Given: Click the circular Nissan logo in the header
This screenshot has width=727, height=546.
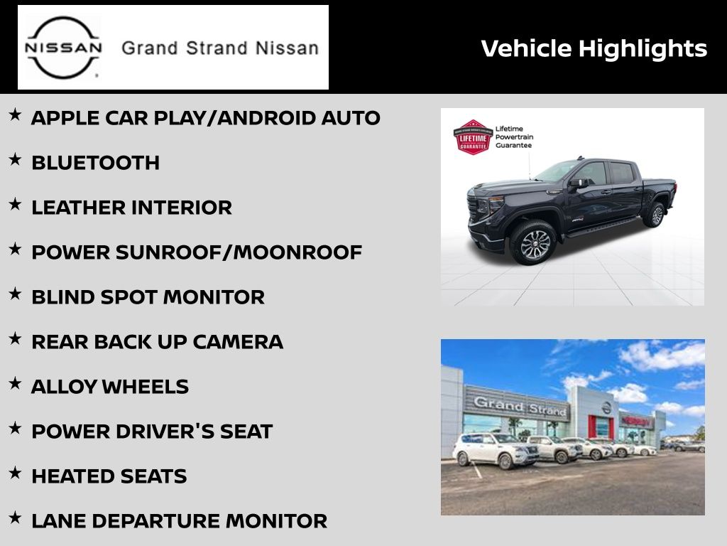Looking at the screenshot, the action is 63,48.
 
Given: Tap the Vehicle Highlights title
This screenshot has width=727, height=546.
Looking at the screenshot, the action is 594,49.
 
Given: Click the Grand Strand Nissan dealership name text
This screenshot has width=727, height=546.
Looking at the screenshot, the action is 220,48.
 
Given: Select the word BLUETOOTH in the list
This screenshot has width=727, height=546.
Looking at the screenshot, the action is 96,163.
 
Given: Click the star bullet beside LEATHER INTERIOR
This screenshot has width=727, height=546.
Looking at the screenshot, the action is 16,204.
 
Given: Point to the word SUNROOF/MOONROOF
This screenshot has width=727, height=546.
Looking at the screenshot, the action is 239,252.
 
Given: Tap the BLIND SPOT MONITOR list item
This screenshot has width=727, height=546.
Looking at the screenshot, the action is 148,297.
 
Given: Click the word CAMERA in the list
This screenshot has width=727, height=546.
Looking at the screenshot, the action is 238,342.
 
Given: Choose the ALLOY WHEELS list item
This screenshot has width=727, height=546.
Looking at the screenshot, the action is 110,387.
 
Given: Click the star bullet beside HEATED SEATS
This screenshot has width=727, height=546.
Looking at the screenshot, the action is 16,473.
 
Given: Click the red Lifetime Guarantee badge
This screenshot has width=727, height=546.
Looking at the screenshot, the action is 472,137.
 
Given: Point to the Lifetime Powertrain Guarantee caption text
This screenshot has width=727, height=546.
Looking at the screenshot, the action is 514,137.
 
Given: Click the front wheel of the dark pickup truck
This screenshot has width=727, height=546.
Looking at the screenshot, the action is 533,243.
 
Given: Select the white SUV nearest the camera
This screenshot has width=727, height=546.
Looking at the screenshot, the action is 495,450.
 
